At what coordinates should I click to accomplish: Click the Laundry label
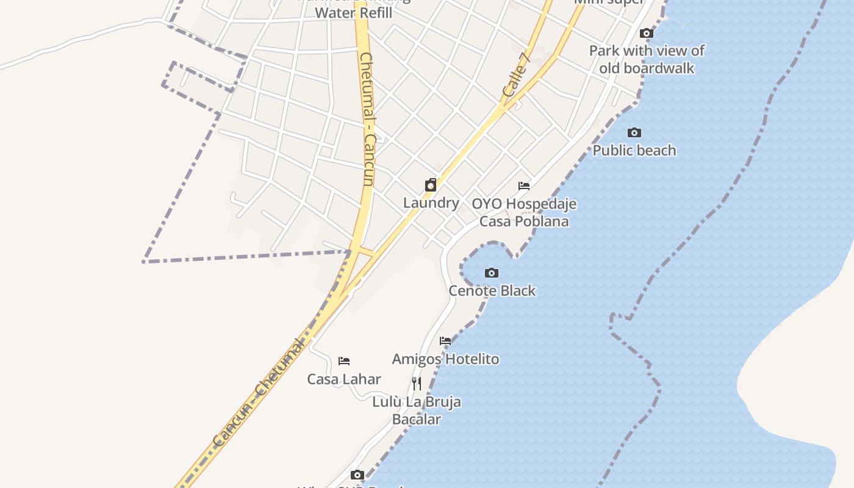coord(431,203)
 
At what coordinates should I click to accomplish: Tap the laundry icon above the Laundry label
coord(431,185)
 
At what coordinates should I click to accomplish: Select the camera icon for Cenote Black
coord(491,273)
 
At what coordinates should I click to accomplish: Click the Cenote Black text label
coord(492,290)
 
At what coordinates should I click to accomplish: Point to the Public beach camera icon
coord(634,132)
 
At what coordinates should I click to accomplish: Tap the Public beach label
coord(634,150)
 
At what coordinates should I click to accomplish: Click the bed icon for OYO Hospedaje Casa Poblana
coord(524,185)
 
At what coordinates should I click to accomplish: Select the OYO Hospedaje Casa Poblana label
coord(524,212)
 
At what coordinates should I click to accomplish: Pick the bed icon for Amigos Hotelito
coord(445,341)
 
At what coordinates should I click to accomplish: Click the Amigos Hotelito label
coord(445,359)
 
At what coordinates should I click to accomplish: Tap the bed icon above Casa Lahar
coord(344,361)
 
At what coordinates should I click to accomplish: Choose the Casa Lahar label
coord(344,379)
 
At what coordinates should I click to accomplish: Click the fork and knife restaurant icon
coord(417,384)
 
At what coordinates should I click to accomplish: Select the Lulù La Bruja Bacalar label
coord(417,411)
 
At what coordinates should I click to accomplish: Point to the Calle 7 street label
coord(516,75)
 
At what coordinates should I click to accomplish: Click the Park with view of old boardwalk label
coord(647,59)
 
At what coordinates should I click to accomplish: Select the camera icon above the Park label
coord(647,33)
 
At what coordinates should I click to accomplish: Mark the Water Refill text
coord(354,12)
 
